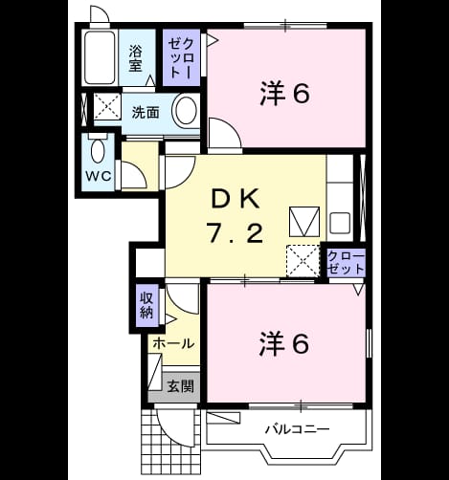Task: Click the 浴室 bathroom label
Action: [135, 58]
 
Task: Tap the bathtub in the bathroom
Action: [100, 57]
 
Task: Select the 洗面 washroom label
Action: [146, 112]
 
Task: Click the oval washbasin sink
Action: [187, 110]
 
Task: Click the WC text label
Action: [99, 176]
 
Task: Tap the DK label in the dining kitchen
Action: [236, 200]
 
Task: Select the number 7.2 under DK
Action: [235, 233]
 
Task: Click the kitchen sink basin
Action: [340, 223]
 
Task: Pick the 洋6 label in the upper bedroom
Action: [284, 94]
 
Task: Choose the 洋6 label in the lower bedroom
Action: [284, 343]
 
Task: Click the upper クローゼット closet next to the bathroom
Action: [181, 58]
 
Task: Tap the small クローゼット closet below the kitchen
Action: [346, 263]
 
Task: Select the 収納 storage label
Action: [146, 305]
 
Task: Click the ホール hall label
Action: [173, 343]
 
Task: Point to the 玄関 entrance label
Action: [181, 386]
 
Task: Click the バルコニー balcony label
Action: [298, 429]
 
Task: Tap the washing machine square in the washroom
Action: [107, 106]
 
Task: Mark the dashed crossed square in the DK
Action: [303, 261]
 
